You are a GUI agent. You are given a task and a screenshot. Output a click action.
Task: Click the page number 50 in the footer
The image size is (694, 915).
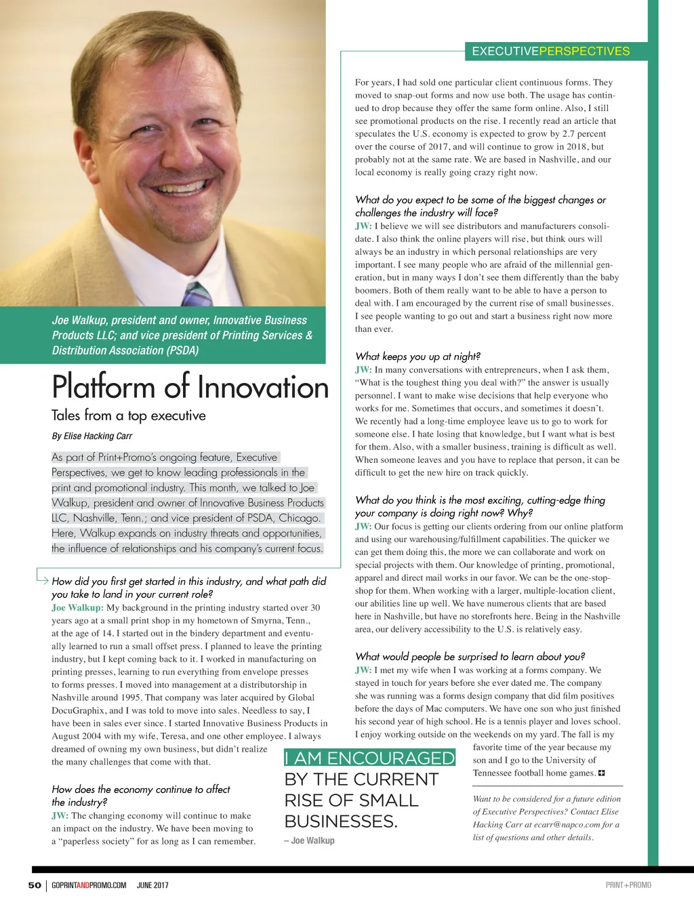35,885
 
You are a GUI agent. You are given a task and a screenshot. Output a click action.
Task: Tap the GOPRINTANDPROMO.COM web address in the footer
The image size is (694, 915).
89,885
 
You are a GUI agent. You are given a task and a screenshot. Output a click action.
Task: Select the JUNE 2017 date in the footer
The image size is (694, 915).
152,885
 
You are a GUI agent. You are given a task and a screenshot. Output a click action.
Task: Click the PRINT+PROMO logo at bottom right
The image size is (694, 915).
628,885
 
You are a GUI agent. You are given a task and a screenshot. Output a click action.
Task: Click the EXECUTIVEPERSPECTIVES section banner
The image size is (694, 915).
550,52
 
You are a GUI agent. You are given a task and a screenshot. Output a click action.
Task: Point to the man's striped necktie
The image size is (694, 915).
197,294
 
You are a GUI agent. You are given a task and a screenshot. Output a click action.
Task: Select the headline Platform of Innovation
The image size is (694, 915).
190,388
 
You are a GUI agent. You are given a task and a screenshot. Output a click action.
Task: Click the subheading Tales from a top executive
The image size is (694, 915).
129,415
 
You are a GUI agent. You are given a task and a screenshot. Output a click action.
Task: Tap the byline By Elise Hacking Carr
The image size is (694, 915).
92,436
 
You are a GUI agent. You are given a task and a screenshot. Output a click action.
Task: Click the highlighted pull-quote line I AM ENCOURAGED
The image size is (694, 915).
369,758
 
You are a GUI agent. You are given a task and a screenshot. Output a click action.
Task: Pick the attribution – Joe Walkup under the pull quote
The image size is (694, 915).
310,840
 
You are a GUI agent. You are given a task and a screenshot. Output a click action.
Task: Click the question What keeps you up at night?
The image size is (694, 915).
417,357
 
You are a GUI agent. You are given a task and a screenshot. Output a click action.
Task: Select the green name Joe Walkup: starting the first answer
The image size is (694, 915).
77,608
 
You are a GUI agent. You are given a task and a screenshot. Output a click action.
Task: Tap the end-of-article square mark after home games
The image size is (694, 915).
601,773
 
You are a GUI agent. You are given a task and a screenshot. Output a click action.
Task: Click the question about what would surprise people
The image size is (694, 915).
470,657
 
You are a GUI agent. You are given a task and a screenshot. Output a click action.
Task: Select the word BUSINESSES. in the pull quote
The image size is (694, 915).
341,821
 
